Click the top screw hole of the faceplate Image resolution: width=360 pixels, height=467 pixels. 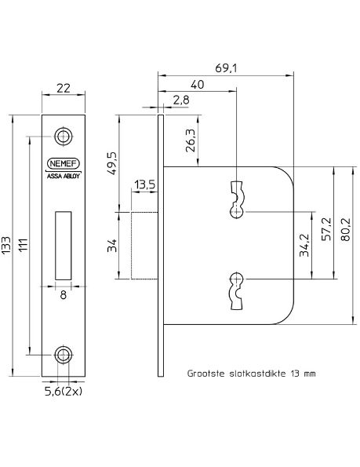63,137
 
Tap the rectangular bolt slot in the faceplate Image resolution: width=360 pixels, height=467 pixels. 63,244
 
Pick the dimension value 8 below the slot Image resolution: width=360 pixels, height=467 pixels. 63,295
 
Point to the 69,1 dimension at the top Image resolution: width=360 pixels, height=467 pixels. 226,69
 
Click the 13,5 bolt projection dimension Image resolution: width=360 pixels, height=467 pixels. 144,184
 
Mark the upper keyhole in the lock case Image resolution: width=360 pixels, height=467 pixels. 236,199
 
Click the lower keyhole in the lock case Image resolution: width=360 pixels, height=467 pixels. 236,289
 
